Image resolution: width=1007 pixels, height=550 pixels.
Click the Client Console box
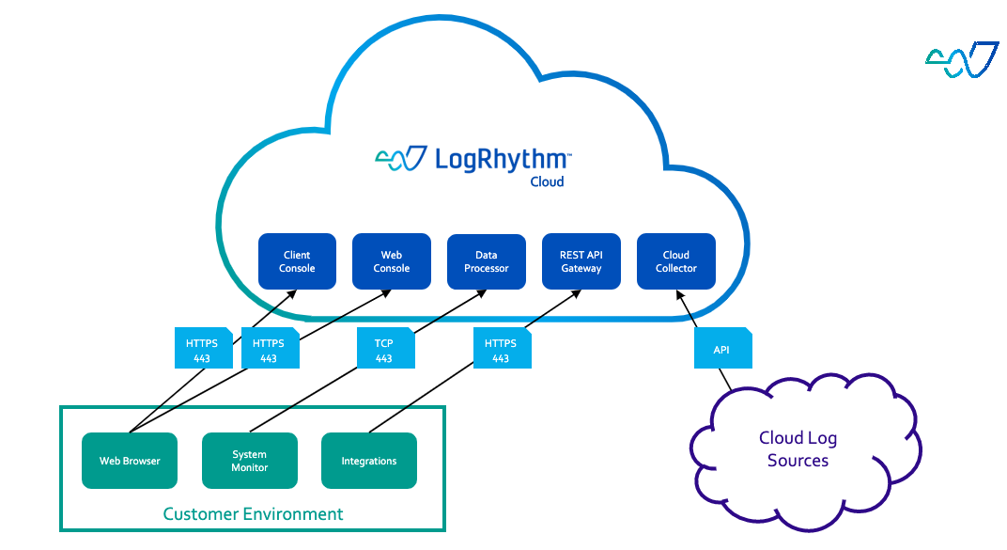coord(297,261)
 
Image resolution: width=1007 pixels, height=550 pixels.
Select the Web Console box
coord(391,261)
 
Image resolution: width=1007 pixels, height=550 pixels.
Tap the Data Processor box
coord(486,261)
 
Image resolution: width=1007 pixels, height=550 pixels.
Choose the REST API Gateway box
coord(581,261)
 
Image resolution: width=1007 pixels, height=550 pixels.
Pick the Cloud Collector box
coord(675,261)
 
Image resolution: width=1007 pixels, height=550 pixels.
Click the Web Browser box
coord(130,461)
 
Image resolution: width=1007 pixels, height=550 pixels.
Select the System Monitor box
coord(249,461)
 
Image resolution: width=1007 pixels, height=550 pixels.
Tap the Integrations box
coord(368,461)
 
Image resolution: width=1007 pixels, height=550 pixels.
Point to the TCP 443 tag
coord(384,350)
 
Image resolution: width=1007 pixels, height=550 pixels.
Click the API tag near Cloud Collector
coord(722,349)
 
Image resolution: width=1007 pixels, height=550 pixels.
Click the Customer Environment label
coord(253,514)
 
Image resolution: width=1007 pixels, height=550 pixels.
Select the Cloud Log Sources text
coord(798,449)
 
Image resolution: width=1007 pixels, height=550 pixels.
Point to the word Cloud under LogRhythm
coord(547,181)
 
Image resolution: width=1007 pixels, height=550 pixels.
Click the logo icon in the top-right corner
coord(961,59)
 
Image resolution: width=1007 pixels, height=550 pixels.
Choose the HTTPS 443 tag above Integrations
coord(502,350)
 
